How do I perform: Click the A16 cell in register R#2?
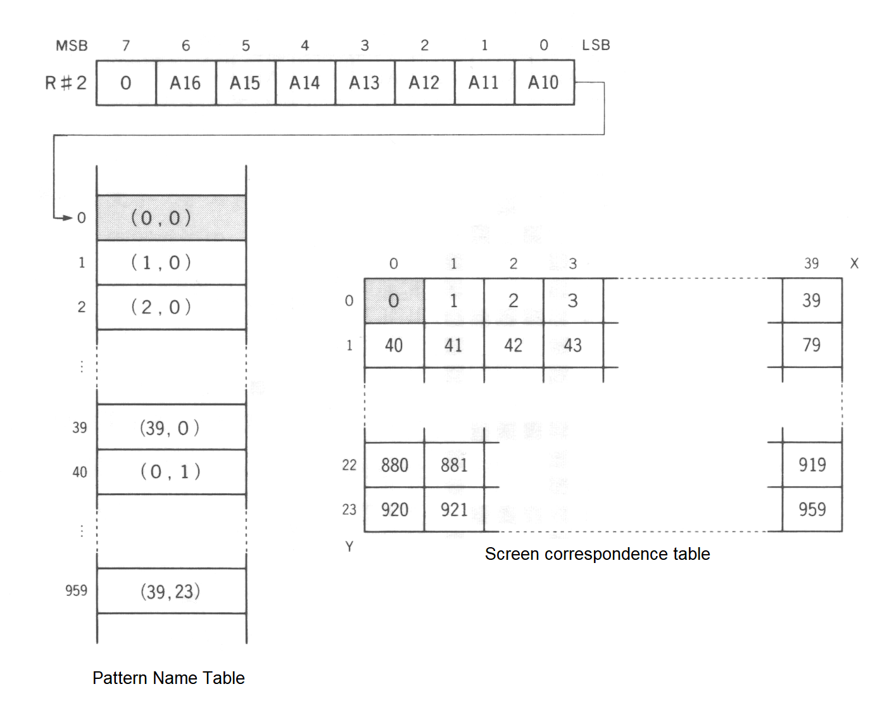tap(185, 83)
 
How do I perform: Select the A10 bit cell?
tap(543, 83)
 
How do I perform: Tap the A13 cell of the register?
tap(364, 83)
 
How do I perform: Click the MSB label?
tap(72, 46)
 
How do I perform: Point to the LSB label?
tap(596, 46)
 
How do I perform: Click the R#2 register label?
tap(66, 83)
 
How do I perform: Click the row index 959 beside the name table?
tap(76, 591)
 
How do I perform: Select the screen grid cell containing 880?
tap(394, 465)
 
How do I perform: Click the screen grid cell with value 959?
tap(812, 509)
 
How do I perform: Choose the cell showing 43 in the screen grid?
tap(572, 345)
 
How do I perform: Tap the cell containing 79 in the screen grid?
tap(812, 345)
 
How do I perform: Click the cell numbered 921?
tap(454, 509)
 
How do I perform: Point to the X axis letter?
tap(854, 263)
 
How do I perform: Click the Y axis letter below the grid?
tap(349, 547)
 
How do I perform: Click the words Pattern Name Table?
tap(168, 678)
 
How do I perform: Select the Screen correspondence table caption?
tap(597, 554)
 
